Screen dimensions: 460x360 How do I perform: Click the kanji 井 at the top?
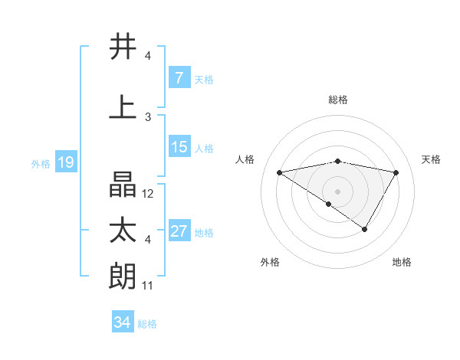tap(123, 47)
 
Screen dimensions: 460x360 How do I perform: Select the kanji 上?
tap(123, 108)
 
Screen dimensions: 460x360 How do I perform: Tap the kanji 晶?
tap(123, 184)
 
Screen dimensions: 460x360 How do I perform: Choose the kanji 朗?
tap(123, 277)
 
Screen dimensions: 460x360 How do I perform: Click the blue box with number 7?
tap(179, 78)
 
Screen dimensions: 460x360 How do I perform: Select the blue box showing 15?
tap(179, 147)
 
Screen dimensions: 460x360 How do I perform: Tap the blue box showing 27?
tap(179, 231)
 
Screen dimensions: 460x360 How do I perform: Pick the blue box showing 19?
tap(65, 162)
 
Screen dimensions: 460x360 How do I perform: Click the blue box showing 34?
tap(122, 322)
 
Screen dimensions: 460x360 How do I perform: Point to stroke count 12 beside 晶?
tap(149, 194)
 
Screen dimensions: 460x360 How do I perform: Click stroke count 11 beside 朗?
tap(149, 286)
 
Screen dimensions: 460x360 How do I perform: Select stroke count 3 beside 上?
tap(148, 116)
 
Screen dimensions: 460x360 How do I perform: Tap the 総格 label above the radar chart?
tap(337, 100)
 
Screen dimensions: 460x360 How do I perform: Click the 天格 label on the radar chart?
tap(432, 159)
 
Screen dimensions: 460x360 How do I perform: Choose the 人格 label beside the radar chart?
tap(245, 159)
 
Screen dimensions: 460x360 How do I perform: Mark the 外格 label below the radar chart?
tap(270, 262)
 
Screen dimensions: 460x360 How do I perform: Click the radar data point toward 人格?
tap(280, 172)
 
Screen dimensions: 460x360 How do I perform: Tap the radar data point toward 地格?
tap(365, 228)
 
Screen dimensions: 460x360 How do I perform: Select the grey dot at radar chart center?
tap(337, 190)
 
